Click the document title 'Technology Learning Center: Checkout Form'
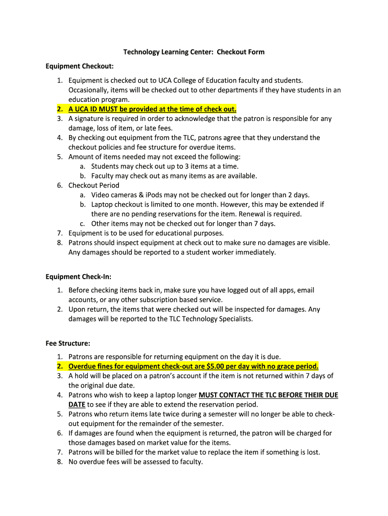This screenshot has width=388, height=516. pyautogui.click(x=194, y=52)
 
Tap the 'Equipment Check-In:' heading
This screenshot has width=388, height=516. pyautogui.click(x=78, y=277)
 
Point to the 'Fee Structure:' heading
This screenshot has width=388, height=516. pyautogui.click(x=68, y=344)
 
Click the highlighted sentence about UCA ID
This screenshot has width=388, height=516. pyautogui.click(x=152, y=109)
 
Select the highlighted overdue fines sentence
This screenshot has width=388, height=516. pyautogui.click(x=193, y=366)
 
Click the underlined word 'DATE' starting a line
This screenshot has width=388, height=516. pyautogui.click(x=77, y=405)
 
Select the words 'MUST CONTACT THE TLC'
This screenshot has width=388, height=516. pyautogui.click(x=238, y=395)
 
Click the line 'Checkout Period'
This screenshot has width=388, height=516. pyautogui.click(x=94, y=185)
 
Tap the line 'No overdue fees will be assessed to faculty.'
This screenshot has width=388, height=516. pyautogui.click(x=136, y=462)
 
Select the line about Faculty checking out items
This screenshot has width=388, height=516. pyautogui.click(x=174, y=176)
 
